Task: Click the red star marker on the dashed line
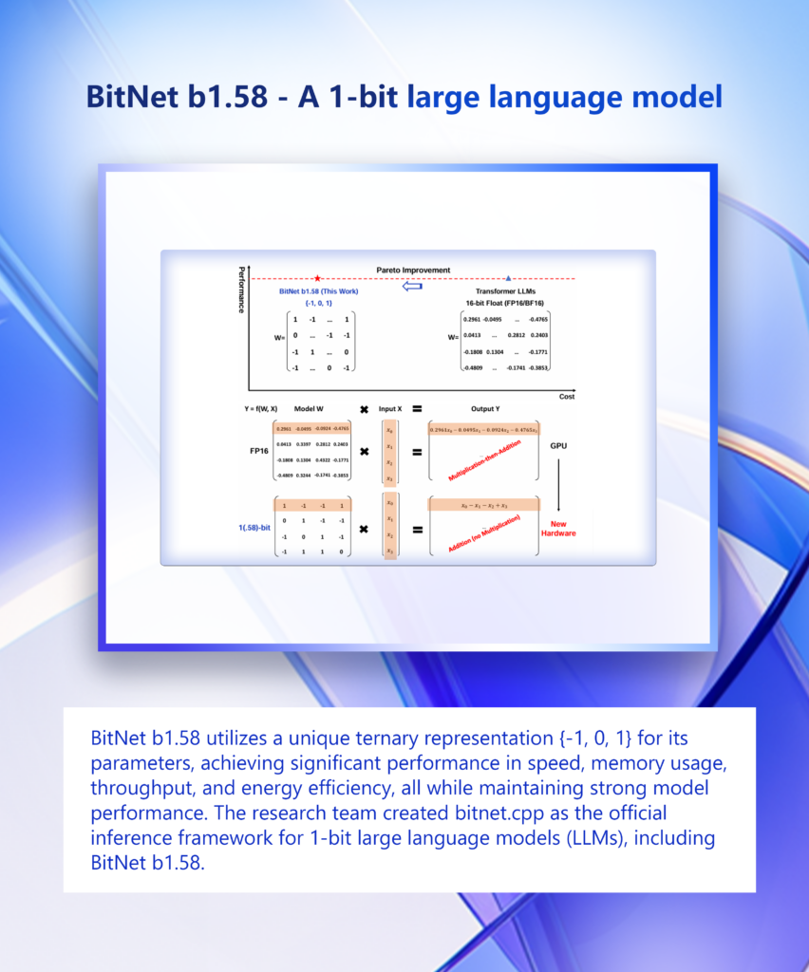tap(316, 278)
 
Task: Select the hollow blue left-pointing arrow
tap(412, 286)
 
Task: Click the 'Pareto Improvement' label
tap(413, 271)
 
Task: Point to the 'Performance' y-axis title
tap(241, 290)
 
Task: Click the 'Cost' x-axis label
tap(566, 396)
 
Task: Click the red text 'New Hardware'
tap(557, 528)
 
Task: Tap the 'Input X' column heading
tap(390, 409)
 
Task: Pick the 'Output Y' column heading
tap(483, 409)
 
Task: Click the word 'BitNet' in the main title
tap(129, 97)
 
